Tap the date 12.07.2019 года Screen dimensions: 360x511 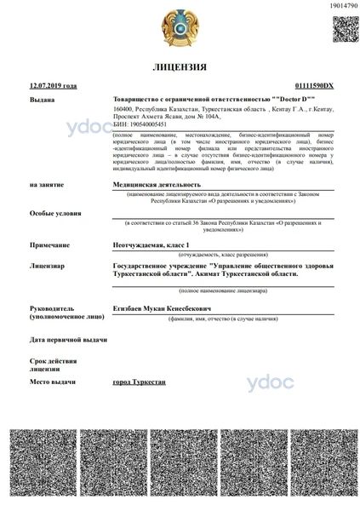pyautogui.click(x=53, y=86)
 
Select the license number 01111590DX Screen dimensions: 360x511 pyautogui.click(x=313, y=86)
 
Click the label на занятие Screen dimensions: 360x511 pyautogui.click(x=46, y=184)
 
